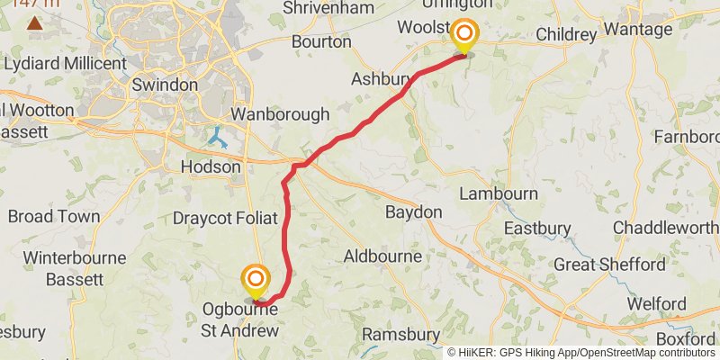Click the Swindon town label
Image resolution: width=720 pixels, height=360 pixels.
click(x=165, y=85)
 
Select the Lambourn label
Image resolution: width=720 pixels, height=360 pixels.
click(x=499, y=193)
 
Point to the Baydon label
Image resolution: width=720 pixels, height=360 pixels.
click(x=413, y=212)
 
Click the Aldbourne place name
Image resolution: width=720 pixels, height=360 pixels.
click(x=383, y=256)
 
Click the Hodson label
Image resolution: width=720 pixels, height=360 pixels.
click(x=211, y=166)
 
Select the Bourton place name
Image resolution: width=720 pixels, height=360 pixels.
click(x=321, y=41)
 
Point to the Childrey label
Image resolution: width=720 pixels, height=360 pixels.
click(x=566, y=35)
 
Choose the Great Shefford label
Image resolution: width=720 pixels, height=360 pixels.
click(x=610, y=265)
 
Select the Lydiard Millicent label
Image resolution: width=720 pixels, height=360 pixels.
click(x=65, y=64)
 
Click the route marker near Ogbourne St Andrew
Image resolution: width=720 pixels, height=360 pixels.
click(x=256, y=279)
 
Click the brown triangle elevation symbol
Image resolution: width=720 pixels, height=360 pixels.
click(x=34, y=22)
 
